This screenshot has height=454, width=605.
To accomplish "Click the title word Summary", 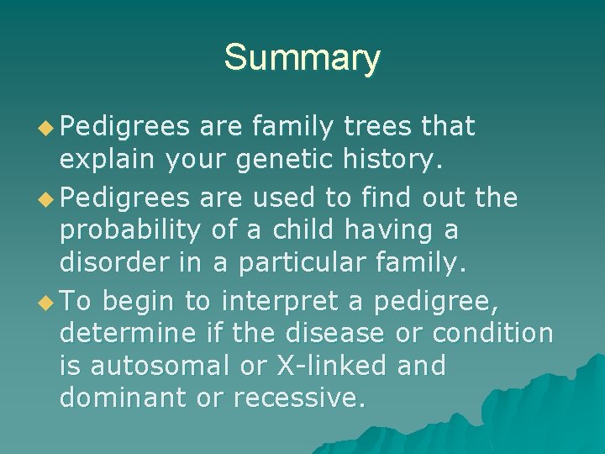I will (x=302, y=58).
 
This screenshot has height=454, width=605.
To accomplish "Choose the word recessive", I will (x=300, y=399).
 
